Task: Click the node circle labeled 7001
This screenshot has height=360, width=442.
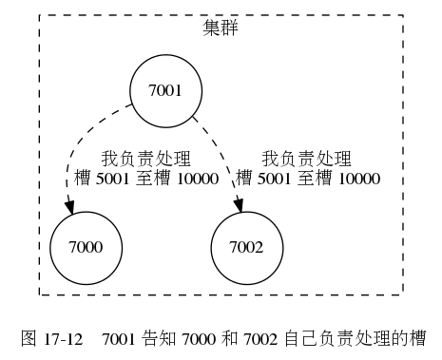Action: click(x=165, y=90)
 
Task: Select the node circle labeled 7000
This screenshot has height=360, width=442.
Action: click(x=86, y=246)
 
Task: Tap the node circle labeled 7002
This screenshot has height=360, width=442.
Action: click(x=246, y=246)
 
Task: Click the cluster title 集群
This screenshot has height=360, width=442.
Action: click(x=221, y=28)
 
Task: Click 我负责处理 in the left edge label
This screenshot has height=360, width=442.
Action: click(x=146, y=159)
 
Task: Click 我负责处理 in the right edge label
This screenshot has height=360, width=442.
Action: click(x=307, y=159)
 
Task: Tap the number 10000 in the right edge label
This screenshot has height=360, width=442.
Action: click(x=359, y=178)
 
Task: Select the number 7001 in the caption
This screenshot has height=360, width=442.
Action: click(x=119, y=337)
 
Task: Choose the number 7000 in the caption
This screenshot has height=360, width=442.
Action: click(x=194, y=337)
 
